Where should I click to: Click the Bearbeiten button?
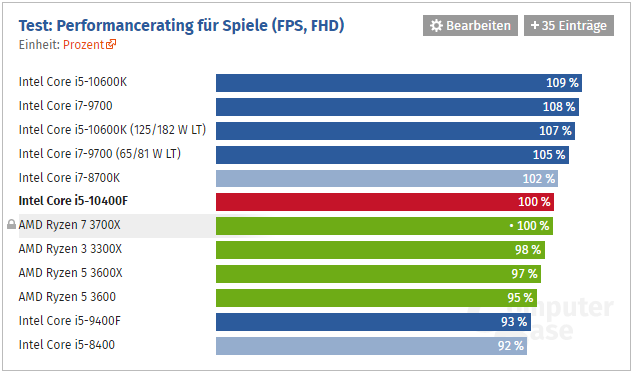tap(470, 25)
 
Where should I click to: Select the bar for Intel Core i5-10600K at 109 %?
tap(398, 82)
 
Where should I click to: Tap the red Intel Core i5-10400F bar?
tap(385, 201)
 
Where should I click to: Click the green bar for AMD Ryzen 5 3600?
tap(375, 297)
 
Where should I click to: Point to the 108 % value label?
tap(558, 106)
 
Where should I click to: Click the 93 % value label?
tap(514, 321)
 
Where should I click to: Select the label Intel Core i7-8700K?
tap(69, 178)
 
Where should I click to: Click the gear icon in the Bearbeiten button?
tap(436, 25)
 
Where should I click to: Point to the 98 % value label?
tap(528, 249)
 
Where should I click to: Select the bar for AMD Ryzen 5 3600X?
tap(378, 273)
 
